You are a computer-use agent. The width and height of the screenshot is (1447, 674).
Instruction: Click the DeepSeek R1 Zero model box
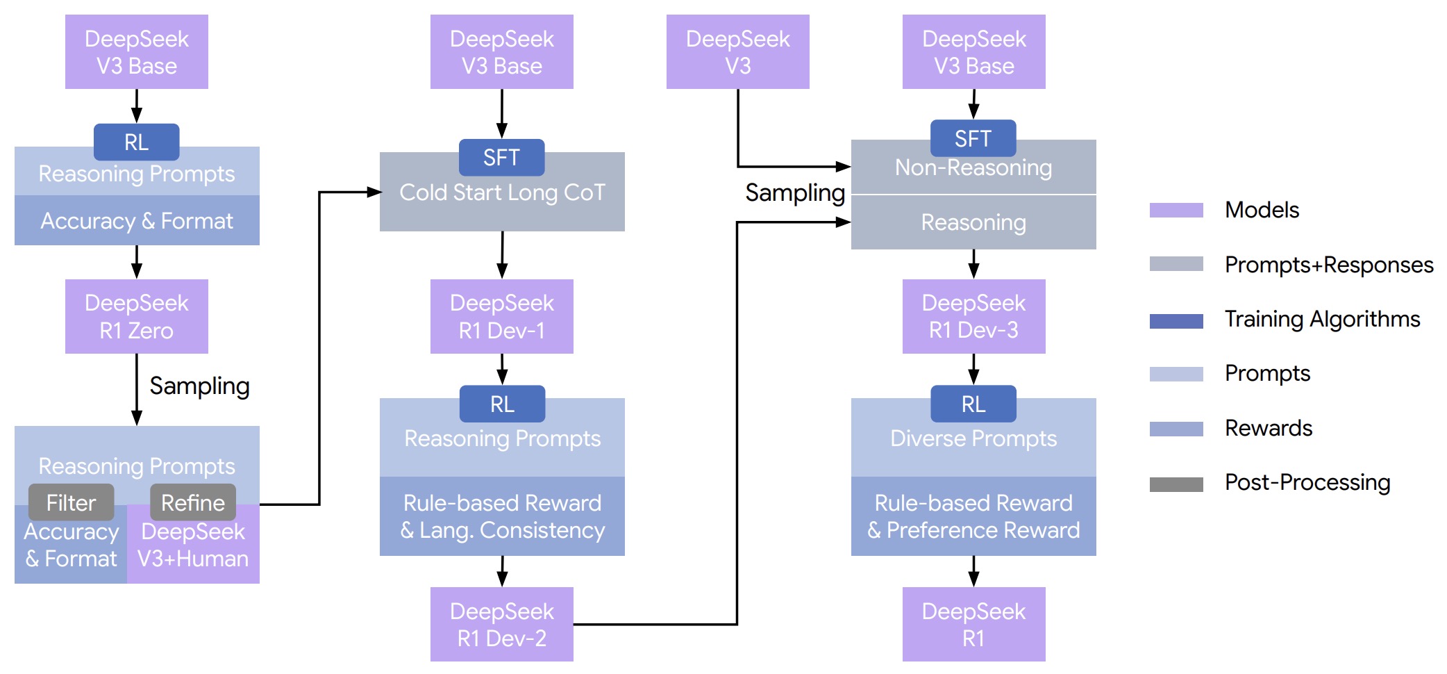coord(137,316)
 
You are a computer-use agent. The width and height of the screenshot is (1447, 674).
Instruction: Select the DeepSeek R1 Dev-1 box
coord(502,316)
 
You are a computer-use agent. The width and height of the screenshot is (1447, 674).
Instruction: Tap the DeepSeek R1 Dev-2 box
coord(502,624)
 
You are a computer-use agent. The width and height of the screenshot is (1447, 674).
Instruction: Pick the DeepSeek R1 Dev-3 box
coord(973,316)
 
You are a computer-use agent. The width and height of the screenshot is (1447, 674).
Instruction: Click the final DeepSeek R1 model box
coord(973,624)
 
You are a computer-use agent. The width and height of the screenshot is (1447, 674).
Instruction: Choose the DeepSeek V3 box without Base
coord(738,52)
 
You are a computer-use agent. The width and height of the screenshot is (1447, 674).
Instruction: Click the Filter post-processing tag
coord(72,502)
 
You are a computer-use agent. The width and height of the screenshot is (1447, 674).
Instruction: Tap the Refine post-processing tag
coord(193,502)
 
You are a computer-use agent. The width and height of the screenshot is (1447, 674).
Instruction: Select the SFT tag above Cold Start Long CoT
coord(502,158)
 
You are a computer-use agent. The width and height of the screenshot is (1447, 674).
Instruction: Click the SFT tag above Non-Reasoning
coord(973,138)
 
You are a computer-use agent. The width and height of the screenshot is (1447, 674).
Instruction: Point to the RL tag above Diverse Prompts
coord(973,404)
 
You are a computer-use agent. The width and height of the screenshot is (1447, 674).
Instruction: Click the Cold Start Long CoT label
coord(502,192)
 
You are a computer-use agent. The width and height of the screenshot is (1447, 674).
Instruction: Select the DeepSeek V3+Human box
coord(193,544)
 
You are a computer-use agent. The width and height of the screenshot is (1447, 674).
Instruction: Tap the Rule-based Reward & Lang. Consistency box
coord(502,516)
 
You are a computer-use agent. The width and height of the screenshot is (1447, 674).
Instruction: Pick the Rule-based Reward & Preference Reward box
coord(973,516)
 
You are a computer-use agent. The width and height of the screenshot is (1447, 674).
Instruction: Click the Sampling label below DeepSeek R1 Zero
coord(200,386)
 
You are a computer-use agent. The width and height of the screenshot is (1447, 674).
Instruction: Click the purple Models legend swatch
coord(1176,210)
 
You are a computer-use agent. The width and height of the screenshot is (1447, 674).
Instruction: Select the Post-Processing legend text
coord(1307,482)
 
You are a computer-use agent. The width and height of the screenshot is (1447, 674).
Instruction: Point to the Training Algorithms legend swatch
coord(1176,320)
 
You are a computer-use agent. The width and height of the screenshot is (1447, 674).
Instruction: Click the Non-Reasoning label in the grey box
coord(973,167)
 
